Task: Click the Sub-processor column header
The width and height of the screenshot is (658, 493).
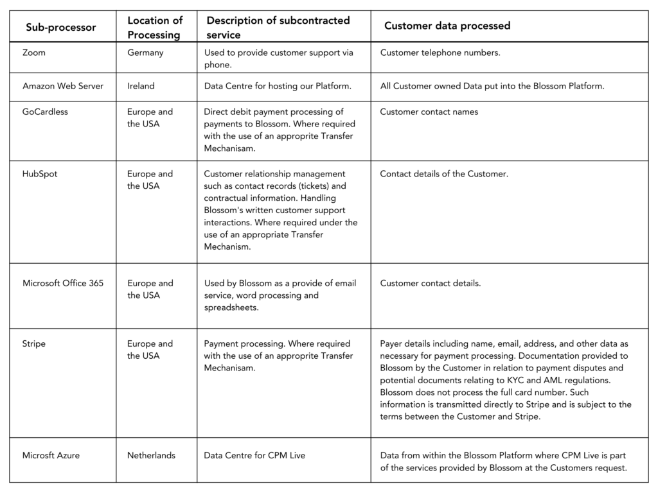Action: (x=60, y=27)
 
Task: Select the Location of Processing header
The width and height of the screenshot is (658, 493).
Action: (x=155, y=28)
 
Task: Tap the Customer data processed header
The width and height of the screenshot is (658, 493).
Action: (x=447, y=26)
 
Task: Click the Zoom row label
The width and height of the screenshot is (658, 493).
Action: (x=34, y=53)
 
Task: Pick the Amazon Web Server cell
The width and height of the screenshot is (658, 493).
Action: (x=63, y=86)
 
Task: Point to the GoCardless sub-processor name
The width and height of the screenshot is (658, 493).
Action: (x=45, y=112)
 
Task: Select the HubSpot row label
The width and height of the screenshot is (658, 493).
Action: (x=40, y=174)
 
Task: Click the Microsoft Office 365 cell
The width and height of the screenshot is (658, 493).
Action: (x=63, y=283)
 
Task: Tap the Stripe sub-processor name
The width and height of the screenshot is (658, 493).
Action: (x=34, y=344)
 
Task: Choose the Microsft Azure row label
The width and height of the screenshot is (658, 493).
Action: (x=51, y=456)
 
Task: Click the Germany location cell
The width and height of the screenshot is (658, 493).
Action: (x=145, y=53)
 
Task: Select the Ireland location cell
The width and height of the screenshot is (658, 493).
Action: (x=141, y=86)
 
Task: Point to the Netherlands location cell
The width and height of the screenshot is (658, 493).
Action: (x=151, y=456)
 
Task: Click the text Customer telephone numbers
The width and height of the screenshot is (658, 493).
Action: (x=440, y=53)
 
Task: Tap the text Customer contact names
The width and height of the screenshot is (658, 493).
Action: (x=429, y=112)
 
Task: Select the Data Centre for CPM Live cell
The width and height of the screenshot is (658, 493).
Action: (x=254, y=456)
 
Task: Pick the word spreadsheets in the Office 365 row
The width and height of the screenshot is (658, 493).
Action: (x=231, y=307)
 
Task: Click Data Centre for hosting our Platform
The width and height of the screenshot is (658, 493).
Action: (x=278, y=86)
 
